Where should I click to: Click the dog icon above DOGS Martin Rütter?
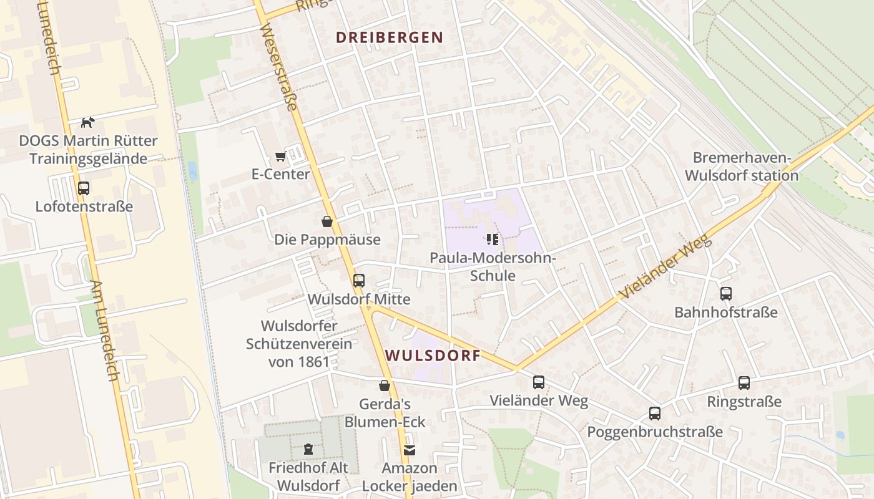pos(88,122)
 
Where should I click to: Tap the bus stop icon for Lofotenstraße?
pos(83,188)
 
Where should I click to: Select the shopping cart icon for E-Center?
pos(280,156)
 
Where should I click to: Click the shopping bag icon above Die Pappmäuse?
pos(327,221)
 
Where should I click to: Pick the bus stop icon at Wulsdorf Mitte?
pos(358,281)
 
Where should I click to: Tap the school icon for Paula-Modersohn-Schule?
pos(492,239)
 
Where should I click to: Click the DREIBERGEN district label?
pos(390,37)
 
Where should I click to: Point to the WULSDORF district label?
pos(433,356)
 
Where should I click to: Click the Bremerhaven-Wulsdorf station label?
pos(742,167)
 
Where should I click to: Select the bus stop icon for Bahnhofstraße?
pos(725,294)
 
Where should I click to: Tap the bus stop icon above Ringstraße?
pos(744,383)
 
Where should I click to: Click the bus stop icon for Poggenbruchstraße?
pos(654,414)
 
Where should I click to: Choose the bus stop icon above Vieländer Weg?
pos(538,382)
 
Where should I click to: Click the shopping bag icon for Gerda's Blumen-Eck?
pos(385,385)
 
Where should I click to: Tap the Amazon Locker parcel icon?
pos(409,450)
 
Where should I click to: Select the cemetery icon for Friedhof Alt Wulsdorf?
pos(308,448)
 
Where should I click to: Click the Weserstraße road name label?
pos(278,67)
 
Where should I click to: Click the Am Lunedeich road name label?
pos(104,331)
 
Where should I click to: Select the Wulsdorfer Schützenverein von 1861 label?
pos(298,343)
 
